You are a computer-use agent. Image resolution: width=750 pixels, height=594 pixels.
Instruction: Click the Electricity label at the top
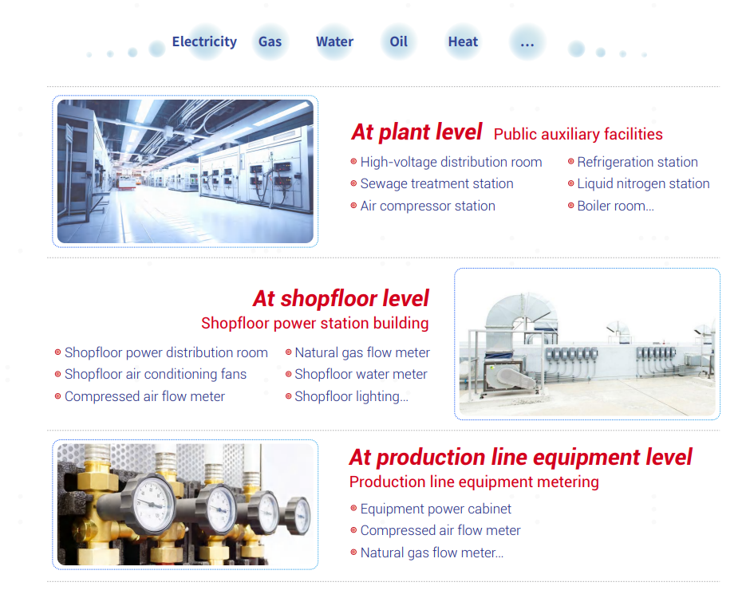tap(204, 42)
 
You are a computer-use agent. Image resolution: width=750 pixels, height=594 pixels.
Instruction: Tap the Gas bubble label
tap(270, 42)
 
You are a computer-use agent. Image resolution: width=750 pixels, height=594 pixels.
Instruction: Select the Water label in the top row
tap(334, 41)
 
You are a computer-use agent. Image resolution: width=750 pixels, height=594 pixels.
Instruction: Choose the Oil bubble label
tap(398, 41)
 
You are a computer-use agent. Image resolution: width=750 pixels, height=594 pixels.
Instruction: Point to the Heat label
tap(463, 41)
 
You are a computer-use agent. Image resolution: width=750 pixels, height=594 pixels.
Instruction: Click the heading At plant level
tap(416, 132)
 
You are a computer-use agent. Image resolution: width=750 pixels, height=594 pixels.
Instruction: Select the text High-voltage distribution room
tap(451, 162)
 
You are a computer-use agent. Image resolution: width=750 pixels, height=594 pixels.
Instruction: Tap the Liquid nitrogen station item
tap(643, 183)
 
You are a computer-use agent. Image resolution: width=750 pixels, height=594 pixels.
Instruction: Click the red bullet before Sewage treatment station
tap(353, 183)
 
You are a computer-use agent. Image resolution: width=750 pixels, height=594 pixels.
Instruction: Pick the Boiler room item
tap(615, 206)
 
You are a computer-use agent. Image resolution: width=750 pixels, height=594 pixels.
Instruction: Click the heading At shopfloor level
tap(341, 298)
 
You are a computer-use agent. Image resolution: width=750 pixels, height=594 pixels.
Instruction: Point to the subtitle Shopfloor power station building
tap(314, 323)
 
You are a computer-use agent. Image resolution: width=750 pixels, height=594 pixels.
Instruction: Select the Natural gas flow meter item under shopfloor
tap(362, 352)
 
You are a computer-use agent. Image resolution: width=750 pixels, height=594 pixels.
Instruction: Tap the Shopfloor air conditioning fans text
tap(156, 374)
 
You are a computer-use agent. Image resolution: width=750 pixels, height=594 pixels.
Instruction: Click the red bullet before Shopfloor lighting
tap(288, 396)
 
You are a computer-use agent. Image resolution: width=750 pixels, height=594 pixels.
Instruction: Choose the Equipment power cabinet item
tap(436, 509)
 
